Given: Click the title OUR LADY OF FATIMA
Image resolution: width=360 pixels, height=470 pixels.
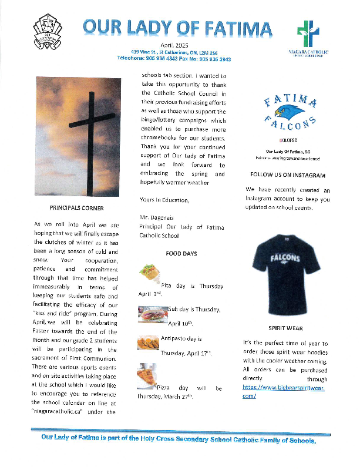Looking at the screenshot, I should tap(177, 28).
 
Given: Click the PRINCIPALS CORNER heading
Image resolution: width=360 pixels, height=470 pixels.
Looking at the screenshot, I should tap(77, 208).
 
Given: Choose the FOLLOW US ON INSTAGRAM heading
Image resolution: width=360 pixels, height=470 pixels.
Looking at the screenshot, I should tap(287, 175).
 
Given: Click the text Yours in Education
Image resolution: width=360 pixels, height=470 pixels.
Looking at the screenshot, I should tap(165, 200).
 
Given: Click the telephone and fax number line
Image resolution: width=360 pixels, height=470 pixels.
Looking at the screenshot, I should tap(174, 59).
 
